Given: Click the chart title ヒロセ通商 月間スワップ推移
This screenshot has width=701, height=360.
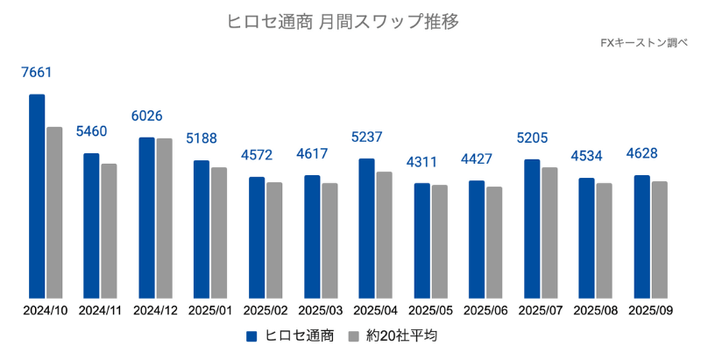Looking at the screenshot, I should (350, 19).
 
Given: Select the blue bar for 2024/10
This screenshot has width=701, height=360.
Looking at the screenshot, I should (37, 196).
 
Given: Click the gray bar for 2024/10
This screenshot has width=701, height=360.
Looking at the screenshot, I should (54, 213).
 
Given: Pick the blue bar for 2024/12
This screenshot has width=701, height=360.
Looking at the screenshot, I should (146, 218).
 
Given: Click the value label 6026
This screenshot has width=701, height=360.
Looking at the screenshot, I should (146, 116).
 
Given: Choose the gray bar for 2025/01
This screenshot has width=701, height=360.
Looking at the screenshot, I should (219, 233).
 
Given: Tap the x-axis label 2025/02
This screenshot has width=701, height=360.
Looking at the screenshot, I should (266, 310).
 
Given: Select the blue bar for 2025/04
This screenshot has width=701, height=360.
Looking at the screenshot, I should (366, 229).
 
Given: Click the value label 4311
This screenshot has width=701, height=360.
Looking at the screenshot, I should (421, 162).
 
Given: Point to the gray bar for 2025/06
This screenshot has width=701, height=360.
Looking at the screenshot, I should (494, 243).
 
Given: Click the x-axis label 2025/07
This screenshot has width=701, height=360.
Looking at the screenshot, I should (540, 310).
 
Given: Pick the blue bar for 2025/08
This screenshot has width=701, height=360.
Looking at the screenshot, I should (586, 238).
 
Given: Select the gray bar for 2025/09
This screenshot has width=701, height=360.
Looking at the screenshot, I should (659, 240).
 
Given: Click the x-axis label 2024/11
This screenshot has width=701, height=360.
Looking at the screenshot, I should (101, 310).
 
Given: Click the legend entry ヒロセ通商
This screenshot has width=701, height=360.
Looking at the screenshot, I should (290, 336).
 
